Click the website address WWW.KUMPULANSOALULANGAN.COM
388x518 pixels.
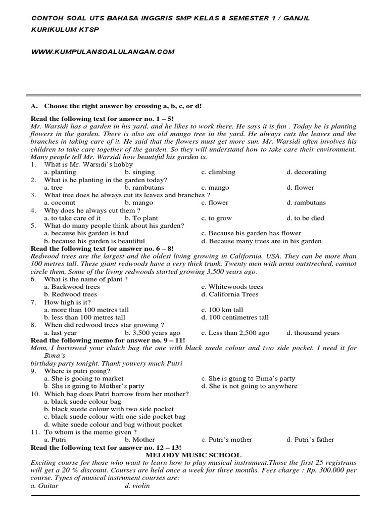pos(103,52)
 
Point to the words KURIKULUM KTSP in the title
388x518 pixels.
pos(65,30)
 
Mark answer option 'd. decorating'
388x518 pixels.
pos(306,172)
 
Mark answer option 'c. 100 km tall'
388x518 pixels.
pos(222,310)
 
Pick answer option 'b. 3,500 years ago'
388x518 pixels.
pos(153,333)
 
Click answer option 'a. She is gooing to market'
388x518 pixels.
pos(83,378)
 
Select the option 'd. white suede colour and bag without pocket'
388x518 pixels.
pos(113,424)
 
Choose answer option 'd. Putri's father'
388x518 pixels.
pos(310,440)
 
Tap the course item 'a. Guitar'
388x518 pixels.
pos(44,486)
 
